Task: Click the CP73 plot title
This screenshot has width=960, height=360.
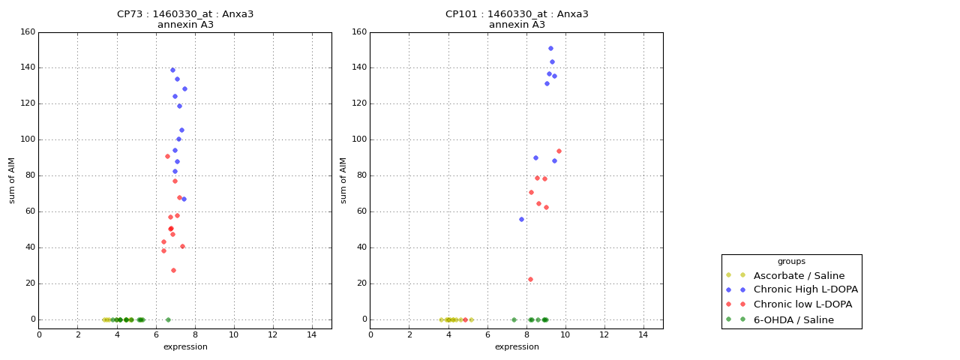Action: click(x=185, y=14)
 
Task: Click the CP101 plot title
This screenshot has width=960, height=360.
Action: click(x=517, y=14)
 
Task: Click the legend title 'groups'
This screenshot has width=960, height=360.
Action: click(x=791, y=262)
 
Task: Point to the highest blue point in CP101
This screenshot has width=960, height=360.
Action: click(x=550, y=48)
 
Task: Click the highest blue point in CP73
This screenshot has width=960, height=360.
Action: click(x=172, y=70)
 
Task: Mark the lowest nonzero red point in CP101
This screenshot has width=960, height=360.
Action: click(x=530, y=279)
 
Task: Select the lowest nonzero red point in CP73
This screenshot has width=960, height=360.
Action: click(x=173, y=270)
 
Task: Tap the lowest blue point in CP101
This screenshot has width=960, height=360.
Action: click(x=521, y=219)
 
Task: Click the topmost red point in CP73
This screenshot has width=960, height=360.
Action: click(x=167, y=156)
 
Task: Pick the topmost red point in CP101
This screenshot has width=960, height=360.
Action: click(x=559, y=151)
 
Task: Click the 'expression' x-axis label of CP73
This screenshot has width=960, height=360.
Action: click(x=185, y=347)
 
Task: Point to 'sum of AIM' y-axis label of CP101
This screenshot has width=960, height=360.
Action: click(x=343, y=180)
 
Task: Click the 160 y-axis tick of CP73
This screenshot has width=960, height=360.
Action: click(x=28, y=32)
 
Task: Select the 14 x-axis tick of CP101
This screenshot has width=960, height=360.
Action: click(x=643, y=334)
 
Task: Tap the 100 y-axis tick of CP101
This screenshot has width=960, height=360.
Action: click(x=359, y=139)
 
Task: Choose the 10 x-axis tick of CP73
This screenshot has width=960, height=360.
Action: click(x=233, y=334)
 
